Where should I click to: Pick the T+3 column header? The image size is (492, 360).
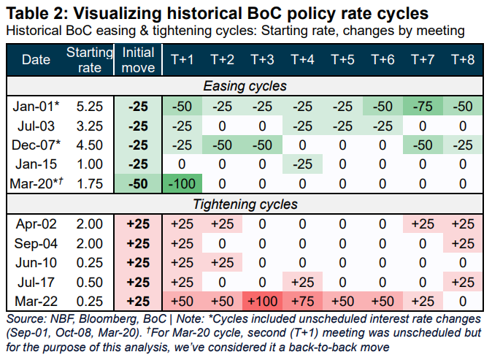(x=261, y=59)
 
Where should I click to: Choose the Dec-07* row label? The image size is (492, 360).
(x=35, y=143)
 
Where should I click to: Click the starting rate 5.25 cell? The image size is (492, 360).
(x=89, y=107)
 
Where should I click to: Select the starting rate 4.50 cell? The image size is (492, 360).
(x=89, y=143)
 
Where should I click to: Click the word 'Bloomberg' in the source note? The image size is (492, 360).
(x=101, y=319)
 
